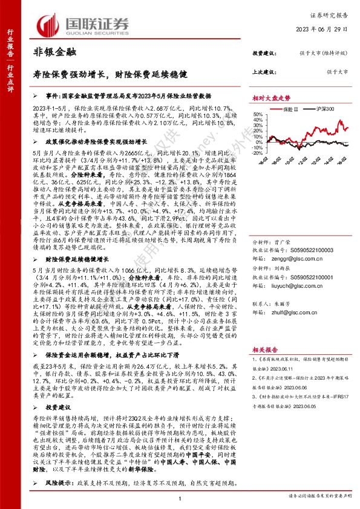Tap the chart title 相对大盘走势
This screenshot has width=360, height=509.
pos(271,97)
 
